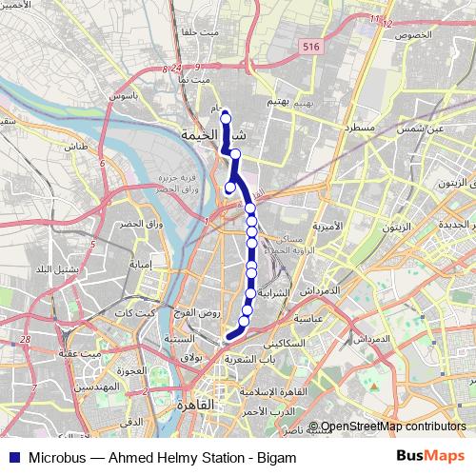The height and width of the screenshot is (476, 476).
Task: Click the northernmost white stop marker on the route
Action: (x=226, y=118)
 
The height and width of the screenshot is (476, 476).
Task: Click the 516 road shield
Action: (x=307, y=45)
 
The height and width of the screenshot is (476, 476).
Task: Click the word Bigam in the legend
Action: (x=265, y=458)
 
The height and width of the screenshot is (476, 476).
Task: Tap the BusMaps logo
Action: (x=429, y=457)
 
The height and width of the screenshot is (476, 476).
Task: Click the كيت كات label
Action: (x=134, y=313)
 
